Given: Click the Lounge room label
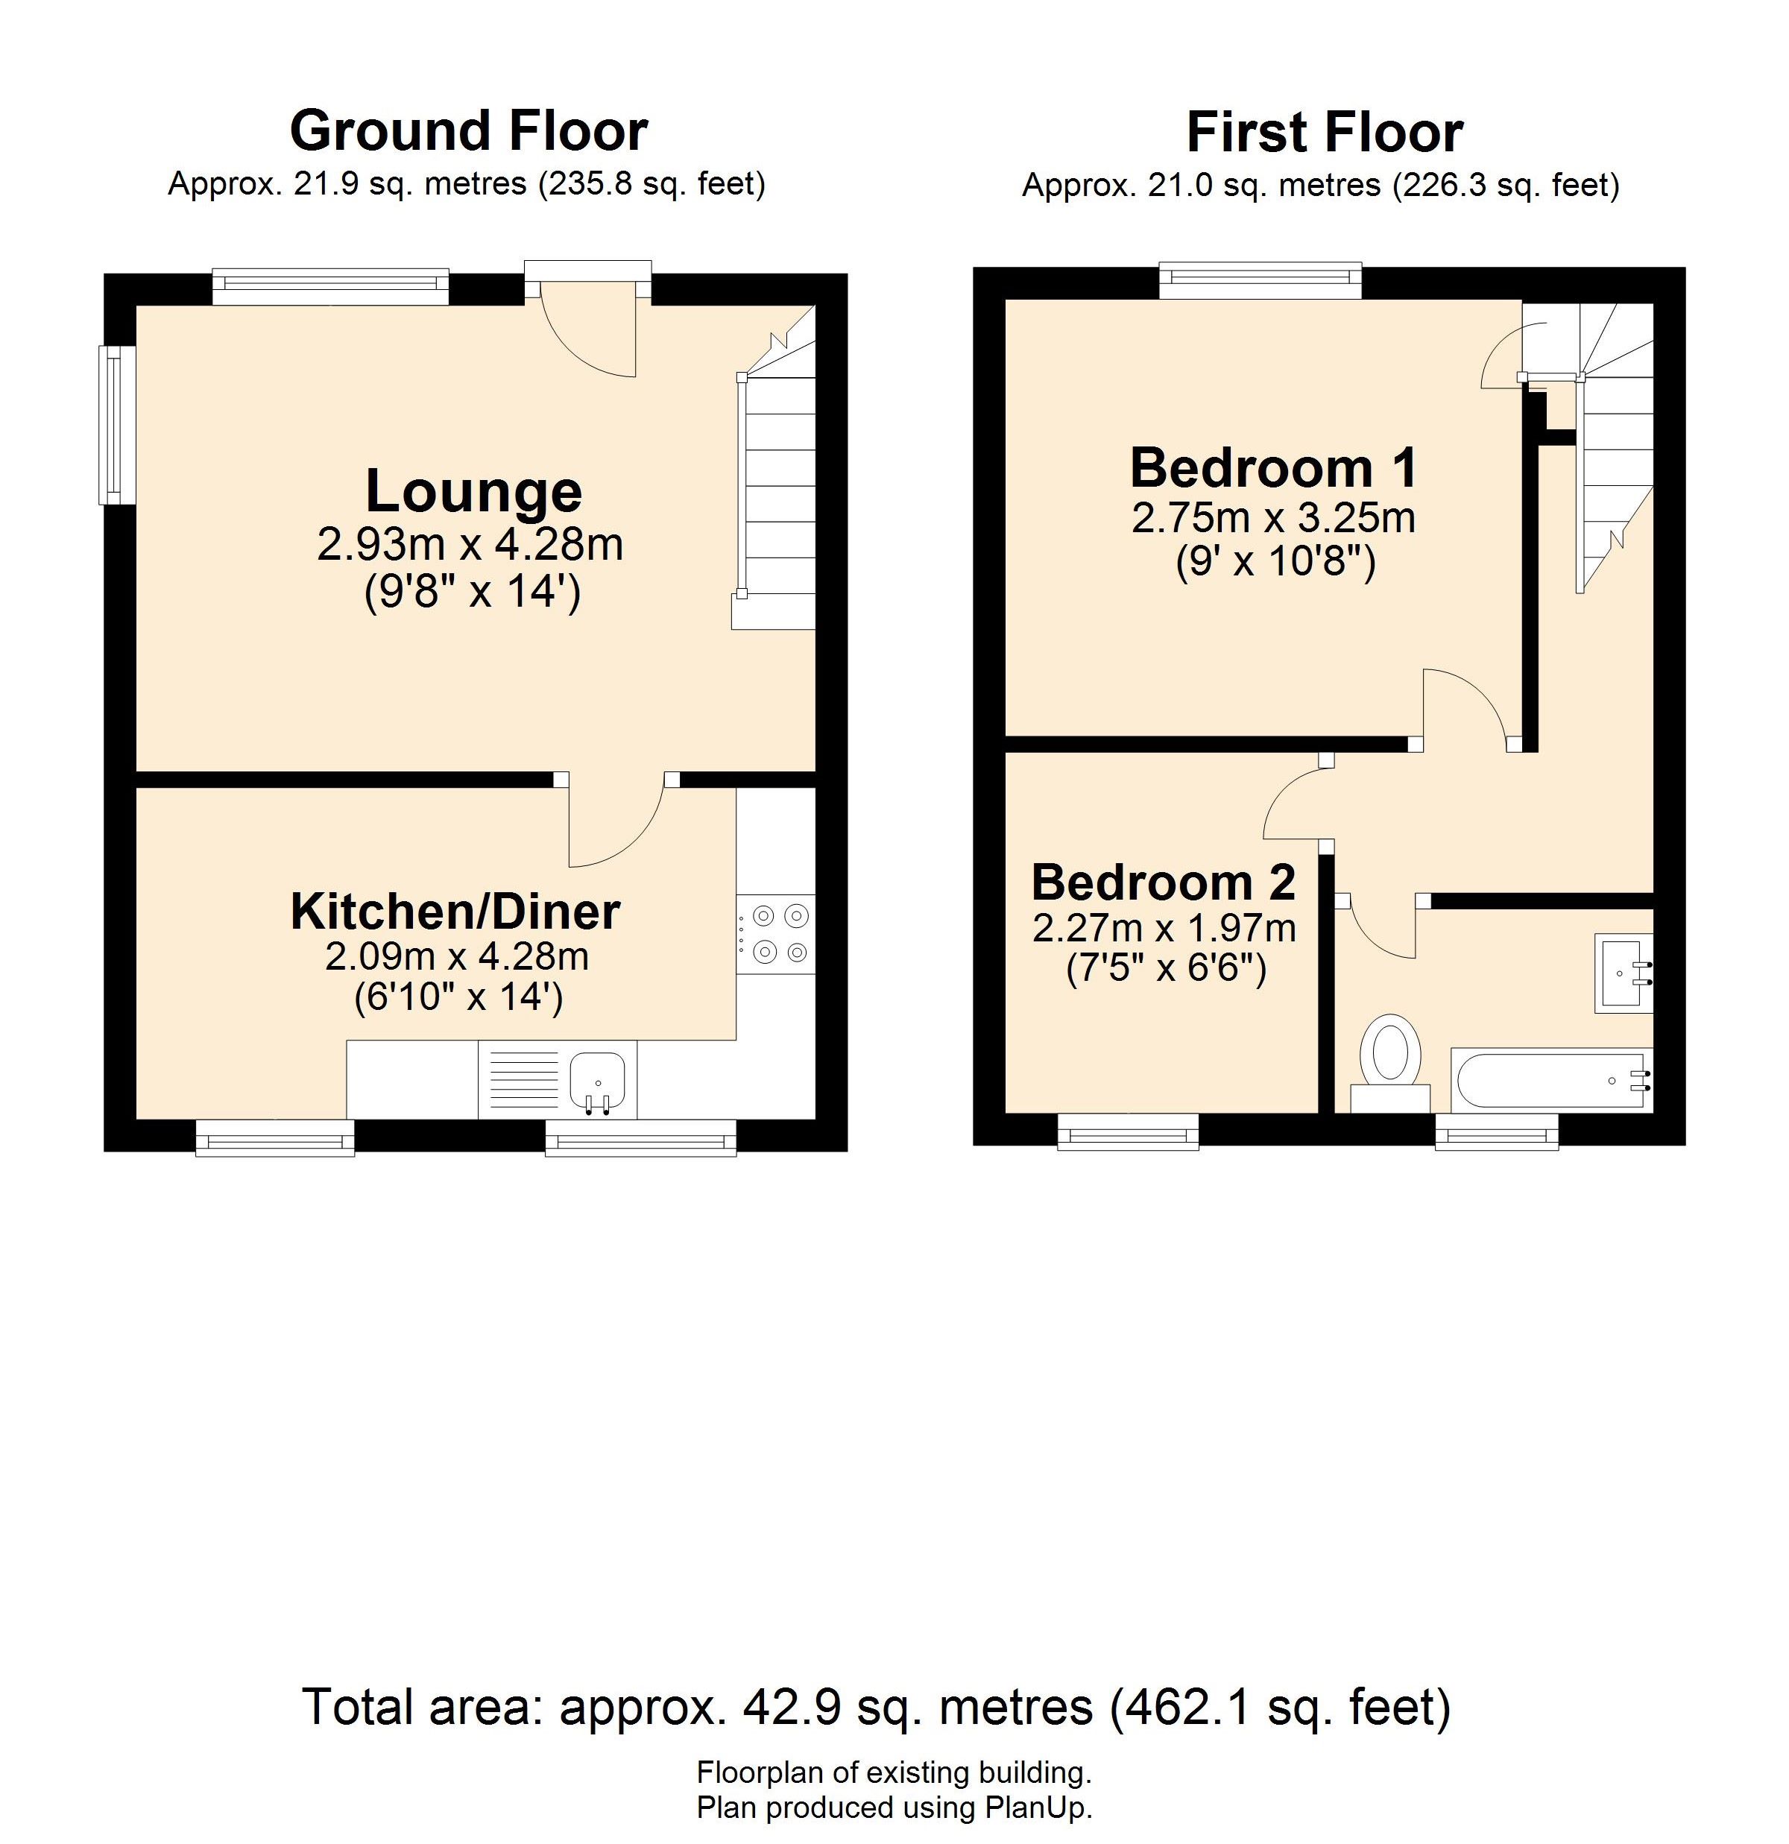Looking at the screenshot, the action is (x=473, y=491).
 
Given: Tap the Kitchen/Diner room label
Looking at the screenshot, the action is (x=455, y=911).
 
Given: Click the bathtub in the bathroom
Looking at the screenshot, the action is (x=1552, y=1079).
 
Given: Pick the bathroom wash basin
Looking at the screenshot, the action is (x=1624, y=973).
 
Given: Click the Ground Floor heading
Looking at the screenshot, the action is (x=469, y=130).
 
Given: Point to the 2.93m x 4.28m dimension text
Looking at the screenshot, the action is (x=470, y=544).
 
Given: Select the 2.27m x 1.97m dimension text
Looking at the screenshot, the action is (x=1164, y=929).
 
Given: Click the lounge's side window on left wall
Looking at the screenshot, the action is (x=119, y=426).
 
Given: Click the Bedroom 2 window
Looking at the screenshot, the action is (x=1129, y=1131).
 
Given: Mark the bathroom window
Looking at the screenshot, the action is (x=1496, y=1131).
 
